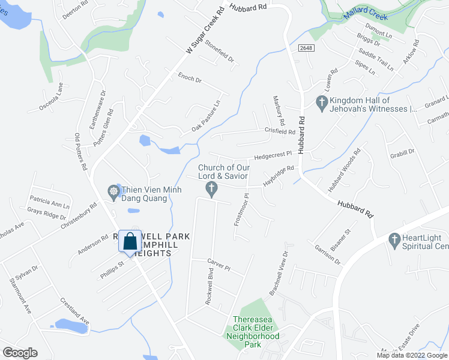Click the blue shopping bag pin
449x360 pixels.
(x=130, y=242)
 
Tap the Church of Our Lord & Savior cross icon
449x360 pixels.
(x=211, y=190)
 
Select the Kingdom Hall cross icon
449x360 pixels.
(x=322, y=103)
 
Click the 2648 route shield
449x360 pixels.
(x=305, y=48)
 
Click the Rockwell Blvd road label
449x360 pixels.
(x=209, y=290)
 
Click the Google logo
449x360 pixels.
(x=20, y=352)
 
